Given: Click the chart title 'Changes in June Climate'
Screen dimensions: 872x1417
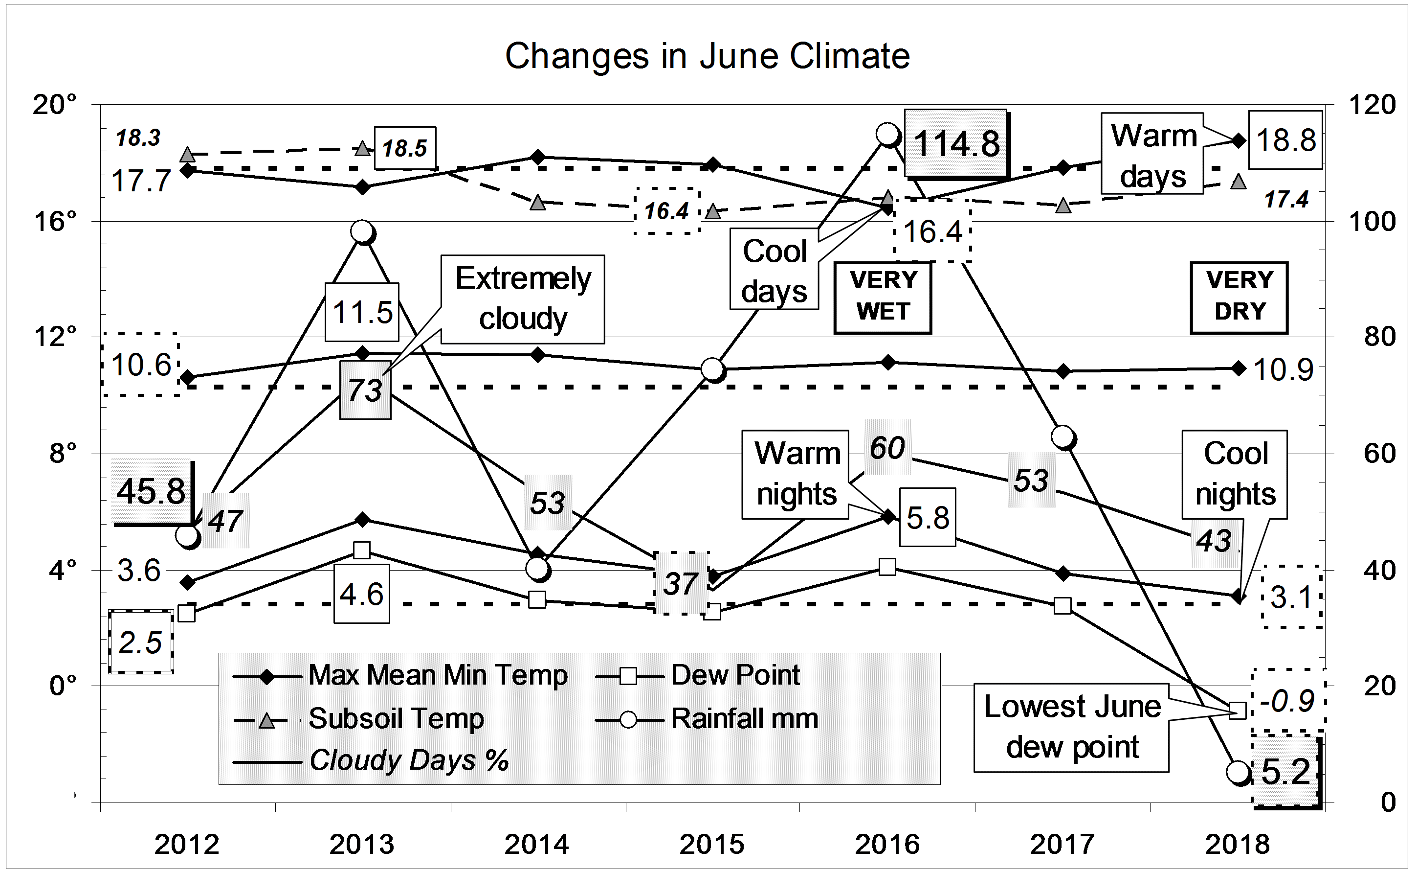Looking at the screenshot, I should (707, 57).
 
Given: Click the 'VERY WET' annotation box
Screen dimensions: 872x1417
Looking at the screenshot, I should (883, 297).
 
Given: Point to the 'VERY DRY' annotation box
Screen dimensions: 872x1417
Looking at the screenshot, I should (1239, 297).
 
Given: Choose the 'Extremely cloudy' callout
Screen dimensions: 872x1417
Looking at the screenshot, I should (523, 298).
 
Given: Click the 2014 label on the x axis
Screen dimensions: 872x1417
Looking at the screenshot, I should (536, 845).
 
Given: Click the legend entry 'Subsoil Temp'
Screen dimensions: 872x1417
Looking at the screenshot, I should (396, 718).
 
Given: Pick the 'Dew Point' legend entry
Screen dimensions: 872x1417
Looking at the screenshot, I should (735, 675).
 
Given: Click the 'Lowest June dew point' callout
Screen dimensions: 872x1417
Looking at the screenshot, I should (1071, 727).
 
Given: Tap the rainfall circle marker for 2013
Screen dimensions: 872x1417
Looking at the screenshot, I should (362, 232).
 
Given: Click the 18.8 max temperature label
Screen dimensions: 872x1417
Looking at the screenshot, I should (1285, 140).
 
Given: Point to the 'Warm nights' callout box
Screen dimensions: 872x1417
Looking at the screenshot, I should (796, 474).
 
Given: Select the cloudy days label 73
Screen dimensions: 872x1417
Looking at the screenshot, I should (365, 390).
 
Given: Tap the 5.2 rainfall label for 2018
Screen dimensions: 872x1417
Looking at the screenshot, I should (1285, 772).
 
